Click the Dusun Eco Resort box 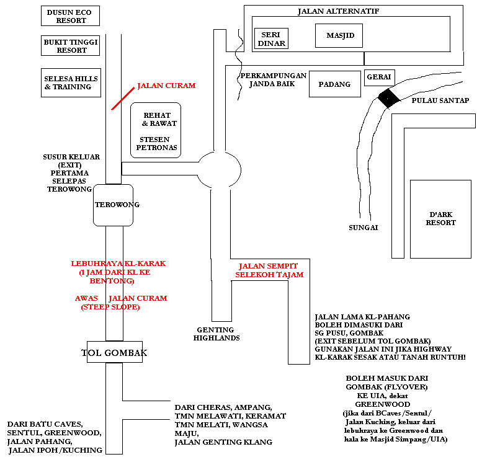click(x=70, y=16)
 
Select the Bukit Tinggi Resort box click(x=70, y=45)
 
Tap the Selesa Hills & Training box click(x=71, y=82)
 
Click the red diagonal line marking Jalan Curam click(x=123, y=99)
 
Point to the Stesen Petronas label click(x=156, y=143)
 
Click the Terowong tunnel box click(x=113, y=205)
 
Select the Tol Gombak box click(x=115, y=352)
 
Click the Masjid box click(x=339, y=35)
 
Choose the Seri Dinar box click(x=272, y=38)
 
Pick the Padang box click(x=335, y=84)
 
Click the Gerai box click(x=379, y=78)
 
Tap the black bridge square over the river click(x=388, y=98)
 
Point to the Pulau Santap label click(x=440, y=100)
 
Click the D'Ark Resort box click(x=440, y=219)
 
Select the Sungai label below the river click(x=363, y=228)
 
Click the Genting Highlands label click(x=216, y=334)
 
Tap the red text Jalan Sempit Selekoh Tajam click(x=269, y=270)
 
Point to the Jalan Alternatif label click(x=339, y=11)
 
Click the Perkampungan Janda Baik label click(x=274, y=79)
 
